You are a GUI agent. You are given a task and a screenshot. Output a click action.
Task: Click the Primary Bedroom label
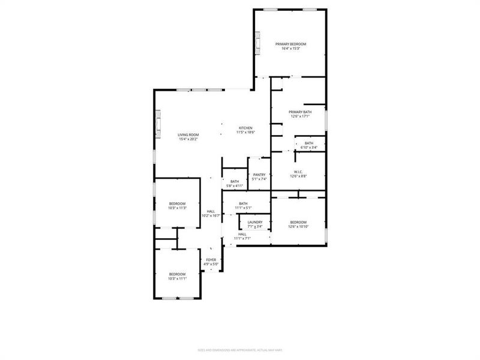coord(290,44)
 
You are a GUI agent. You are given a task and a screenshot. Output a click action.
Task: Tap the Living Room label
coord(188,134)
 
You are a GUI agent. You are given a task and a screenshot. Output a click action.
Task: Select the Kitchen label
coord(246,128)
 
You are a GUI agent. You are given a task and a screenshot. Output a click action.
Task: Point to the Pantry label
coord(259,175)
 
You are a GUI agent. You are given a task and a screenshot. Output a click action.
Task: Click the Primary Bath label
coord(300,112)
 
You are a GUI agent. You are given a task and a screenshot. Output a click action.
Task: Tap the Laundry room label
coord(255,222)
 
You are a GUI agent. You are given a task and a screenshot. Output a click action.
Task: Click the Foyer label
coord(211,260)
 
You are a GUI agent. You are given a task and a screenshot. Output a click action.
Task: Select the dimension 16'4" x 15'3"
coord(290,49)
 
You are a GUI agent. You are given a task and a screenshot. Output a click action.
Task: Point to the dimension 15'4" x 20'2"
coord(188,139)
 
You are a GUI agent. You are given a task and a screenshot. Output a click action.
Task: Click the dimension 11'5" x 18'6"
coord(246,133)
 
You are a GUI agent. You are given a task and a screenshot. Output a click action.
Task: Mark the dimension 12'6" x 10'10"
coord(298,227)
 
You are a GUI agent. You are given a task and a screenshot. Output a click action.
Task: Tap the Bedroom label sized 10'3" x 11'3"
coord(177,203)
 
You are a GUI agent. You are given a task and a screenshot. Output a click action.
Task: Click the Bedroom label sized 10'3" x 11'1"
coord(177,274)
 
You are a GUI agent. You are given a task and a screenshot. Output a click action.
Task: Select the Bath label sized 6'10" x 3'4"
coord(309,143)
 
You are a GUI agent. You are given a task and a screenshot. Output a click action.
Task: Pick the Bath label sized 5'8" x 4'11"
coord(235,181)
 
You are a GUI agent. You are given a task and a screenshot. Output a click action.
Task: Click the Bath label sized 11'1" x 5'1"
coord(243,203)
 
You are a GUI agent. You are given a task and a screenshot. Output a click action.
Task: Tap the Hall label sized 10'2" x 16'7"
coord(211,211)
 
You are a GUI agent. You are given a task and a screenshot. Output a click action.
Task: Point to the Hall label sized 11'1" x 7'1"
coord(242,234)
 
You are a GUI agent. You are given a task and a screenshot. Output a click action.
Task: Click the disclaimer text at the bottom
coord(240,350)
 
